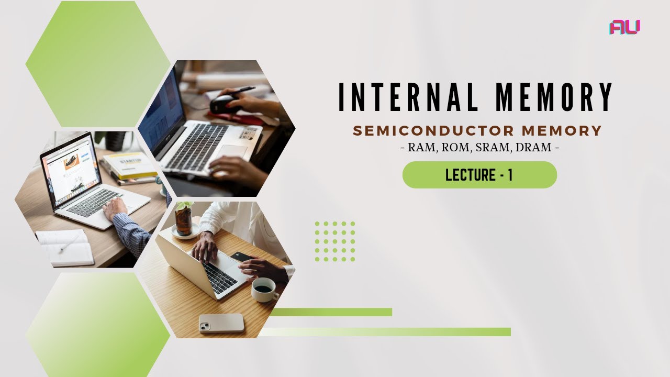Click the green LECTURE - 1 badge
[x=479, y=175]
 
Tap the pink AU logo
[x=624, y=27]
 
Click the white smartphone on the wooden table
[x=221, y=323]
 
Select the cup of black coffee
[x=264, y=289]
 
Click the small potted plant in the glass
[x=184, y=219]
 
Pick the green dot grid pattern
[x=335, y=241]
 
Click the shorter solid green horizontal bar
[x=331, y=312]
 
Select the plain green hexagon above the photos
[x=98, y=64]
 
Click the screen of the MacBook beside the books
[x=71, y=168]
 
